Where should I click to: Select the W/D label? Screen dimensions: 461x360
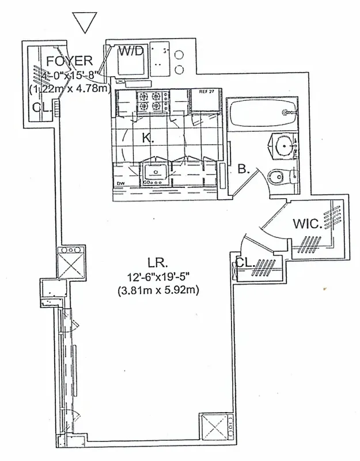[130, 51]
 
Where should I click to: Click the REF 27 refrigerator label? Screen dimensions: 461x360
[206, 92]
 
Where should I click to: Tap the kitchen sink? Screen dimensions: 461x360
[154, 171]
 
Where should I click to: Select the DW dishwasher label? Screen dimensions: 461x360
[121, 184]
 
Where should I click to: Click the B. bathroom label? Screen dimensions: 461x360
[243, 169]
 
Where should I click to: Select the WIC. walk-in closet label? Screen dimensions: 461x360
[307, 223]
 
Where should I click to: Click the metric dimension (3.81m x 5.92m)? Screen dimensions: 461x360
[158, 290]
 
